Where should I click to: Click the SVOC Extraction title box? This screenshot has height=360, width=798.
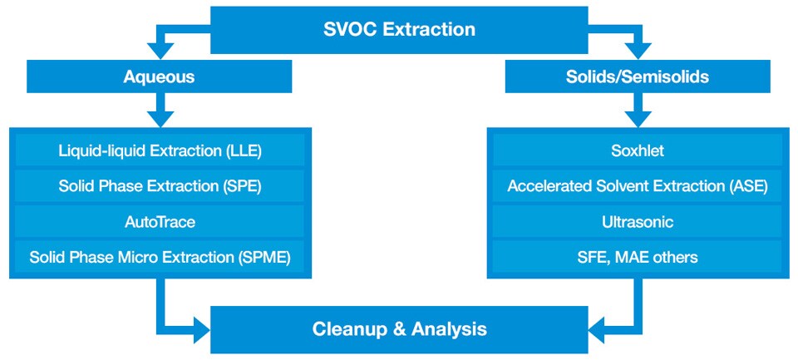399,30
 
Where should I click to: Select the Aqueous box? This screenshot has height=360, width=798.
160,76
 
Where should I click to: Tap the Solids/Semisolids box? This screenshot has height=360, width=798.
638,76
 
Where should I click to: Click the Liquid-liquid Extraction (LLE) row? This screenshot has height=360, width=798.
160,151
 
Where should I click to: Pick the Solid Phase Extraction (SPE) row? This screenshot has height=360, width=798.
160,186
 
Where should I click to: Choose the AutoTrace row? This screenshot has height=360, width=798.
160,221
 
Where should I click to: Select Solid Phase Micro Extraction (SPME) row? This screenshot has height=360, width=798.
160,257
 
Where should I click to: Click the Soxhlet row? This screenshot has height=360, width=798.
638,151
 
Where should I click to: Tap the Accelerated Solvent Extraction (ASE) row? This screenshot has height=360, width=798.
638,186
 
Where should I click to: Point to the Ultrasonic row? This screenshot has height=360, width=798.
638,221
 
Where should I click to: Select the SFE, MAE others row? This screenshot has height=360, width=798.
638,257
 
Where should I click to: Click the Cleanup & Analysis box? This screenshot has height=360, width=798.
399,329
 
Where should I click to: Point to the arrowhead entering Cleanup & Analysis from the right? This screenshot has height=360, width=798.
597,329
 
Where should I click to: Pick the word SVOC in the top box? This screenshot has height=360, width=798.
350,29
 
